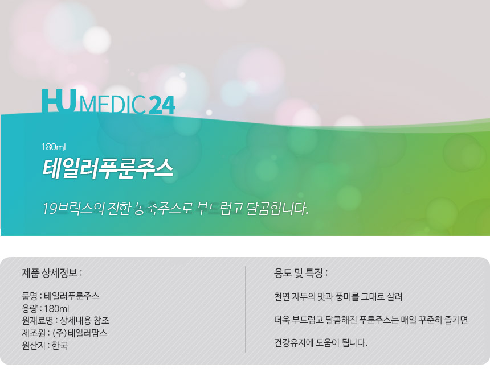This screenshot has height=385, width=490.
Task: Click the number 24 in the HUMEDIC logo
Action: pos(162,104)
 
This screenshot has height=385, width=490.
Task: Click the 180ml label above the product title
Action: pos(54,147)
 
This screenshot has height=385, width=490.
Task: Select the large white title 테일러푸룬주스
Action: pos(108,169)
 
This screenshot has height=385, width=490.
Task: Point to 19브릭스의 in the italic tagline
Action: pos(73,209)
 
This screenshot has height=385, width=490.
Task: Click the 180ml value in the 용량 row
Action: pos(56,309)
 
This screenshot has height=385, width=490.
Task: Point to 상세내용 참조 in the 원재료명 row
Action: pos(84,320)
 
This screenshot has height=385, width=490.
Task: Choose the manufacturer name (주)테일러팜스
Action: pos(80,333)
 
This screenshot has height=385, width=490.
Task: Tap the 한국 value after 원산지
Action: pos(59,345)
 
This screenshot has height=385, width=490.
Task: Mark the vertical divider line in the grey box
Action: pos(246,309)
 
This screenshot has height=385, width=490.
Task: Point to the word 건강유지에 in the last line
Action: pos(294,343)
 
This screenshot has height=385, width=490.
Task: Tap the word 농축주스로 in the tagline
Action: pos(163,209)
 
